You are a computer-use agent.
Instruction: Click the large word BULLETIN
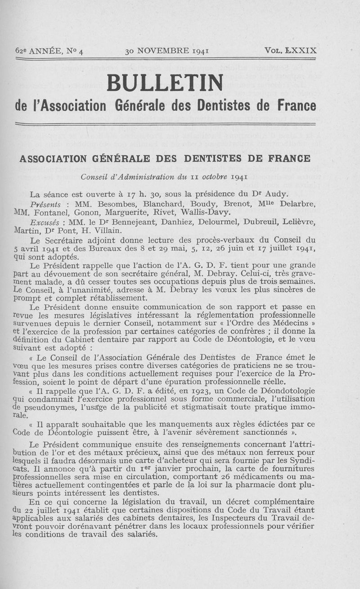[165, 82]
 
